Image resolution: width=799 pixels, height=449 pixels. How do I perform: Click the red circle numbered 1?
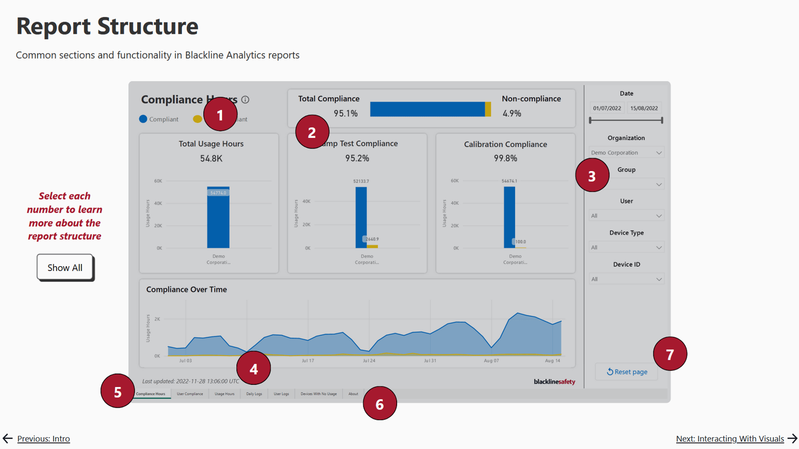220,115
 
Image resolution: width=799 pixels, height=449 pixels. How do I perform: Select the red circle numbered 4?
254,368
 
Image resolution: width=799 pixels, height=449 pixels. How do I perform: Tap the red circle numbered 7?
670,354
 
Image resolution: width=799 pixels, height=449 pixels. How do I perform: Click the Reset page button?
627,371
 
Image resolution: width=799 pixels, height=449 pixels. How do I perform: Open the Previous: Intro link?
43,439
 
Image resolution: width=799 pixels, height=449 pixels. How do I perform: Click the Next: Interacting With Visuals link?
730,439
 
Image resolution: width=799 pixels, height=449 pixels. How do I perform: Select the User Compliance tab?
189,394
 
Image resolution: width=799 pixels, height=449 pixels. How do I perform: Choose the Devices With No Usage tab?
318,394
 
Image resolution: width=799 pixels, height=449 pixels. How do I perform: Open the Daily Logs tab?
254,394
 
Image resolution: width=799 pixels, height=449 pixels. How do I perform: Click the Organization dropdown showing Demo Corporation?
626,153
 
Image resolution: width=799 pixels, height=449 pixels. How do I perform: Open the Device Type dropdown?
626,247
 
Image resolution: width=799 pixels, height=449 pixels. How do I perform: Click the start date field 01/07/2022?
607,108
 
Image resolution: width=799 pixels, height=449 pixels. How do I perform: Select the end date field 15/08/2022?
644,108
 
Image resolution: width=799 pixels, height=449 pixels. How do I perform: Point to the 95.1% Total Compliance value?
345,113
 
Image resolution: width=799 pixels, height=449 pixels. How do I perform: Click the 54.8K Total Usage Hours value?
211,159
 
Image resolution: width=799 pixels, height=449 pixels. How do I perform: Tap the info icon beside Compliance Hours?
246,100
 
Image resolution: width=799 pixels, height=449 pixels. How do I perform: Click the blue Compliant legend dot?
143,119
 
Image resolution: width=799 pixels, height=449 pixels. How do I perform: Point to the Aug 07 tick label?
491,361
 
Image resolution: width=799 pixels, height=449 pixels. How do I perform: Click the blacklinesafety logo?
554,382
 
